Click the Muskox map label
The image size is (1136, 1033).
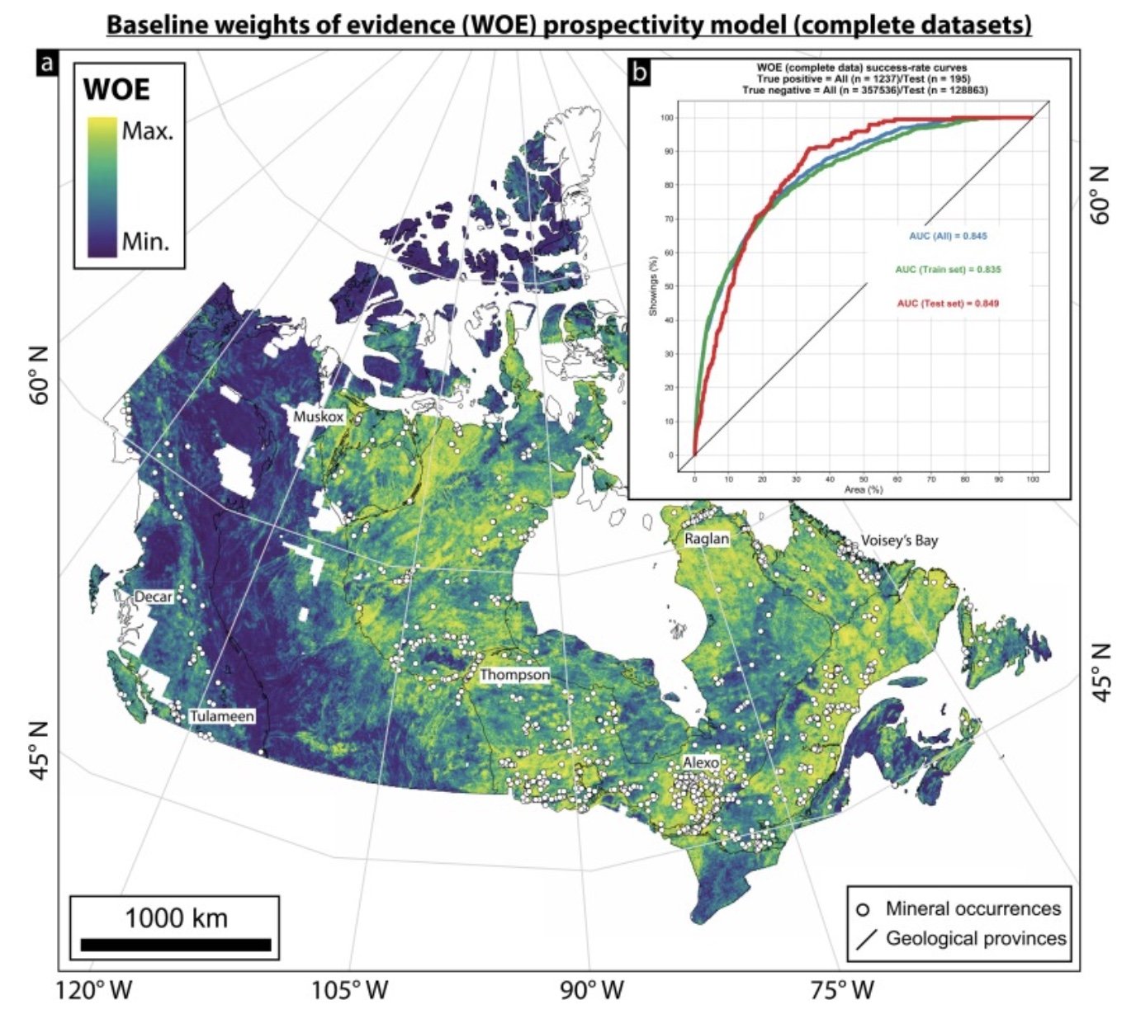pos(318,417)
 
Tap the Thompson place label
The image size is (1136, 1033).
pos(515,675)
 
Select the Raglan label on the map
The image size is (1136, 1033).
pos(707,539)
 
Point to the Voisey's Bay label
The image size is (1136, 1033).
pos(899,540)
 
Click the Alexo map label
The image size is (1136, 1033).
pos(700,762)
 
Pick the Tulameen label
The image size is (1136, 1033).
pos(222,716)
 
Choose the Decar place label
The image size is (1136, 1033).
pos(154,597)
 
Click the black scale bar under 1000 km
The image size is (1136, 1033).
pos(176,945)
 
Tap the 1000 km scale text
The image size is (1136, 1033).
pos(176,917)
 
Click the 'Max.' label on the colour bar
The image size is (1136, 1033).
pos(148,132)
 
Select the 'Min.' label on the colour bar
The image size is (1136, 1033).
pos(145,242)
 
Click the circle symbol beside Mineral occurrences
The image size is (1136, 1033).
pos(864,910)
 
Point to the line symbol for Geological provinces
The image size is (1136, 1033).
pos(865,939)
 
